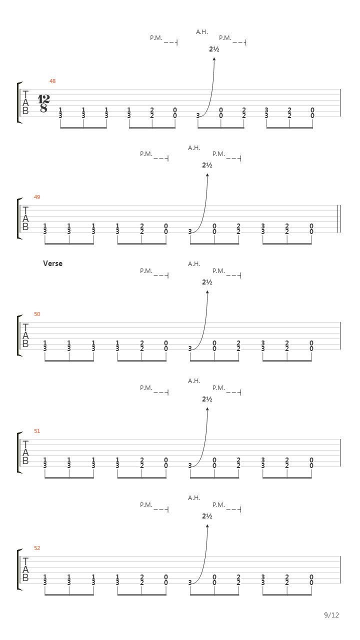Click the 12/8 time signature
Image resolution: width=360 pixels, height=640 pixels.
click(43, 103)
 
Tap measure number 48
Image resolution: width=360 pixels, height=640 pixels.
click(52, 81)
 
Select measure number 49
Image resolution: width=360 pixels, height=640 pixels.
click(37, 197)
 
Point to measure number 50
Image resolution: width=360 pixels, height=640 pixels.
click(37, 314)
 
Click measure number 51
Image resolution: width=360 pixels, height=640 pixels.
click(37, 431)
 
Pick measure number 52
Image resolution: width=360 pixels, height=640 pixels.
click(37, 548)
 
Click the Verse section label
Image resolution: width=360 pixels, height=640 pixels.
click(53, 263)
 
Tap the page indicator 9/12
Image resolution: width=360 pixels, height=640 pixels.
click(331, 615)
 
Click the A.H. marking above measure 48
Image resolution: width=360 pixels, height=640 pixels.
click(201, 32)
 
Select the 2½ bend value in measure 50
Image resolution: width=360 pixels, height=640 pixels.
click(207, 282)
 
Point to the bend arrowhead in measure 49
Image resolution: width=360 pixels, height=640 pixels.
click(207, 175)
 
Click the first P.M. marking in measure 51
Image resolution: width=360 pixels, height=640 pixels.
click(146, 388)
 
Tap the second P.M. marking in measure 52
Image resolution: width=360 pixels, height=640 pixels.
click(218, 505)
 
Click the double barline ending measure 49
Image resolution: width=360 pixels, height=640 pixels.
click(338, 219)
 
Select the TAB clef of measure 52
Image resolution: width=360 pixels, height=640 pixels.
click(25, 569)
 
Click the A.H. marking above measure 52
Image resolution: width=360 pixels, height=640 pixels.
click(194, 497)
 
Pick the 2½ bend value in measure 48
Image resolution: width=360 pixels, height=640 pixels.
click(214, 49)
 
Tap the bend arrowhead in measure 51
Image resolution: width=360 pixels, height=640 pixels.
click(207, 409)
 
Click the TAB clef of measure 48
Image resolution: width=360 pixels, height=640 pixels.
click(25, 102)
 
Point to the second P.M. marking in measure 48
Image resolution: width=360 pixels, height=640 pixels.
click(225, 38)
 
